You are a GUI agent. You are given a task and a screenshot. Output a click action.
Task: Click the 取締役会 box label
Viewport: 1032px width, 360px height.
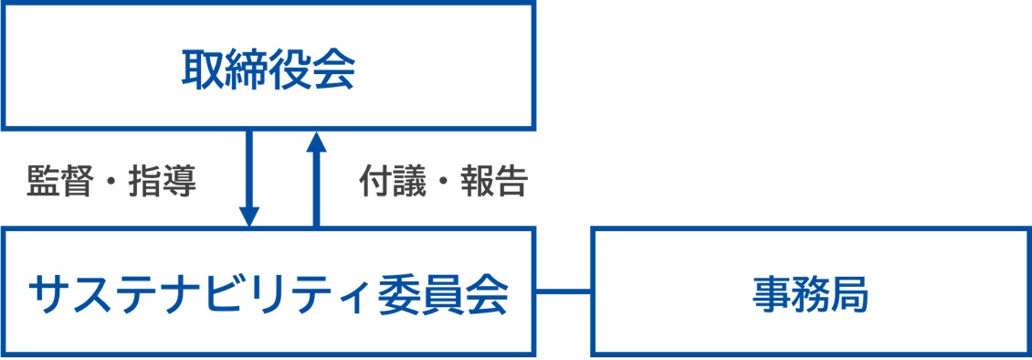click(x=268, y=69)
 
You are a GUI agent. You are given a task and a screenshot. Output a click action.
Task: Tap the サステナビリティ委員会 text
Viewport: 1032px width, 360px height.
click(x=268, y=294)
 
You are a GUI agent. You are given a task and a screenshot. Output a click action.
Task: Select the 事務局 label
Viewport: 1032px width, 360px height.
click(x=811, y=294)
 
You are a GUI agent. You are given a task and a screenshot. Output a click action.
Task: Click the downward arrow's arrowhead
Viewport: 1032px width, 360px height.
click(x=248, y=216)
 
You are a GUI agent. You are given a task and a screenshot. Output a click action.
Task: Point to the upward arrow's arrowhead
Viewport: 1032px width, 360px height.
click(x=315, y=142)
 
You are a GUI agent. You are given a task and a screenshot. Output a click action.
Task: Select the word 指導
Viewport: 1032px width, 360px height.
click(x=162, y=182)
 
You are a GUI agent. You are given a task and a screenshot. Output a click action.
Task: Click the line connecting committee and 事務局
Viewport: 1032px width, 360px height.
click(x=563, y=291)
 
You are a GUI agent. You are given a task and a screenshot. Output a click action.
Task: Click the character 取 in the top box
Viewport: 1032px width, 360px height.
click(x=203, y=69)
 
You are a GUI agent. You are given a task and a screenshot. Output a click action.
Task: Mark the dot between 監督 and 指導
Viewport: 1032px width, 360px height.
click(x=111, y=183)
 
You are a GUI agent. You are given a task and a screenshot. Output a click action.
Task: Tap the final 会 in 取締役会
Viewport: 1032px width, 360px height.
click(x=332, y=69)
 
